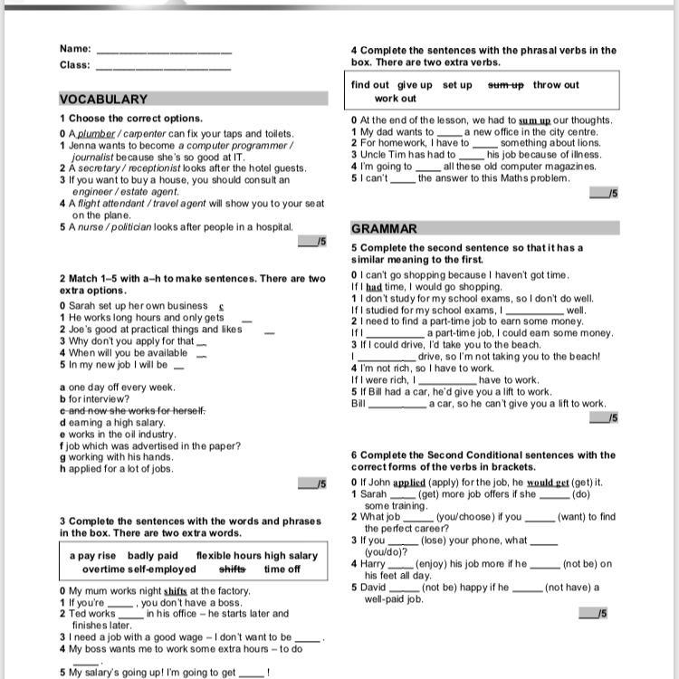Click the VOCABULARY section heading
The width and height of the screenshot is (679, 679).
point(103,99)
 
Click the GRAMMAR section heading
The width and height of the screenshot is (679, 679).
point(384,229)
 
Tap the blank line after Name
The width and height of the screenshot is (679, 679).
point(163,51)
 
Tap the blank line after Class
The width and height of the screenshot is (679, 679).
point(163,67)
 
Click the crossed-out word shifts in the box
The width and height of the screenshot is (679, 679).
point(233,569)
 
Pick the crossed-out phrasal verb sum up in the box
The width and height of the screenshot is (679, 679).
point(506,85)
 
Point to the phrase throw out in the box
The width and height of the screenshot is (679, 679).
point(556,85)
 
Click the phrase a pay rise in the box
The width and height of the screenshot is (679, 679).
point(93,555)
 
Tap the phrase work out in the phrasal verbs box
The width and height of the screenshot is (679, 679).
point(396,99)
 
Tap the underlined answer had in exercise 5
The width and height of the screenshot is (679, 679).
point(374,287)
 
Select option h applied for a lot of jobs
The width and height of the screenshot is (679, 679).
point(116,469)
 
